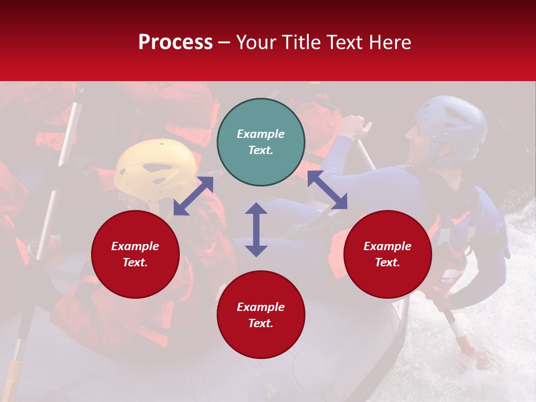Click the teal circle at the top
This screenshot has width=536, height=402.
click(x=261, y=142)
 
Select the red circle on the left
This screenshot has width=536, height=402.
click(x=135, y=254)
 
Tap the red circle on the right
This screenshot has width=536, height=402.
click(x=387, y=254)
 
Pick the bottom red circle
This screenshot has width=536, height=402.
click(x=261, y=315)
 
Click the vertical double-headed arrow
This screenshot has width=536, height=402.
click(x=256, y=229)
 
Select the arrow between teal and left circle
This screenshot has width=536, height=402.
click(x=194, y=195)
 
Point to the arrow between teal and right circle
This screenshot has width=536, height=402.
click(x=328, y=190)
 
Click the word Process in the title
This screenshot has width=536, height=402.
click(x=175, y=42)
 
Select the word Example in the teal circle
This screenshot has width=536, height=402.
click(x=261, y=134)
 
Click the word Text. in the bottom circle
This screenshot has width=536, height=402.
click(x=261, y=323)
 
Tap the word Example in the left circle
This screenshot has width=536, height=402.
click(x=135, y=246)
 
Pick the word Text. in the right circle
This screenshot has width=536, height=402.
click(x=387, y=262)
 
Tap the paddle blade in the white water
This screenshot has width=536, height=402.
click(x=466, y=346)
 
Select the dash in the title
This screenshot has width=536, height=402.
click(x=224, y=42)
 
